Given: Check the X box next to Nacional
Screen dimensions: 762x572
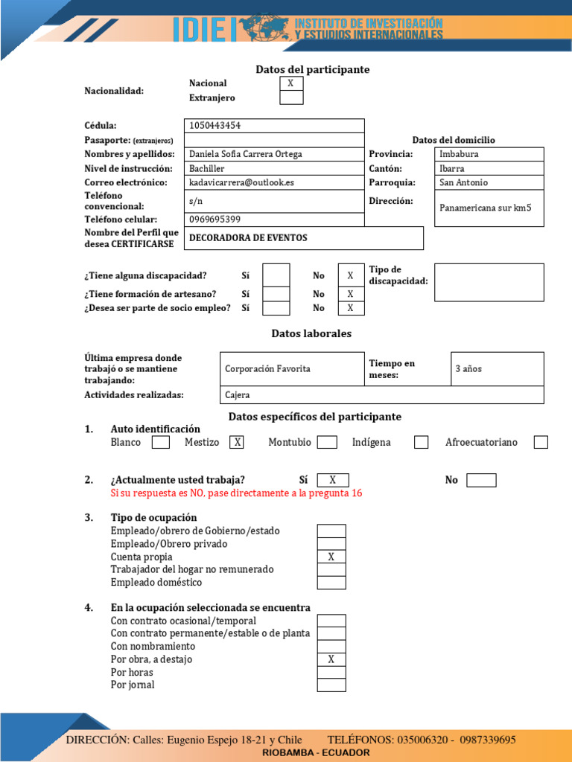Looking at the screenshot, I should tap(291, 83).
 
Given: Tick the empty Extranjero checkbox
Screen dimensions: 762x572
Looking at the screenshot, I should tap(291, 97).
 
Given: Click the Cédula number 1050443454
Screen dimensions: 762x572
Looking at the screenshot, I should tap(215, 126).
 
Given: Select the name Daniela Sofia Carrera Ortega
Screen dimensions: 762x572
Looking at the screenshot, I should tap(246, 154).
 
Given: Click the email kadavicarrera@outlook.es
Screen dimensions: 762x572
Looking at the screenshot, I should tap(241, 182).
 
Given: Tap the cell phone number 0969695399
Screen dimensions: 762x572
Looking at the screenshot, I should tap(214, 220).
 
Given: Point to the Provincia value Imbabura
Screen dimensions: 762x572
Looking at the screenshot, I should tap(459, 154).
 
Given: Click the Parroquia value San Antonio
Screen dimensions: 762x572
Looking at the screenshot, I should tap(463, 182).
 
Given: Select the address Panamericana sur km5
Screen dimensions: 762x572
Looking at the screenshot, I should tap(486, 208).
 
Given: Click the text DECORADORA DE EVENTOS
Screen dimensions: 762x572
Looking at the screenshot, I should tap(248, 238).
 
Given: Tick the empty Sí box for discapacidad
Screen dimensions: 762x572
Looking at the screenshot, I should tap(276, 275).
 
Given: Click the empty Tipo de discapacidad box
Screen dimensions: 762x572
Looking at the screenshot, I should tap(489, 282).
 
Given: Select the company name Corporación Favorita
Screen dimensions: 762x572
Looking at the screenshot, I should tap(267, 369).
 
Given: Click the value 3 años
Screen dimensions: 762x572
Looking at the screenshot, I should tap(468, 369).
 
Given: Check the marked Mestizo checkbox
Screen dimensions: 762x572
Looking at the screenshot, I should tap(237, 442).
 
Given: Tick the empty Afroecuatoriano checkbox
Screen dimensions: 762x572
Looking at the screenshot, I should tap(541, 442).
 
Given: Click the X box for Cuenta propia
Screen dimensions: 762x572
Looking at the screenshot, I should tap(331, 557).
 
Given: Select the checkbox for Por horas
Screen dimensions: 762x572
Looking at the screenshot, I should tap(331, 672).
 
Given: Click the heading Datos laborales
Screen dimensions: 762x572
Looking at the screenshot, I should tap(311, 333).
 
